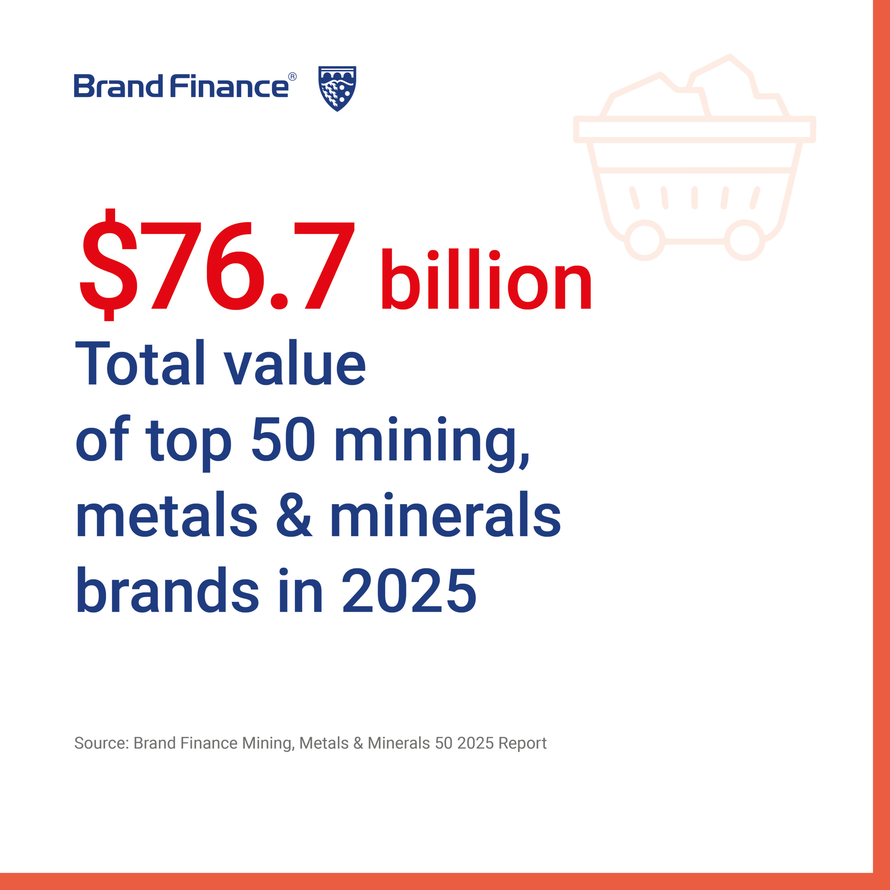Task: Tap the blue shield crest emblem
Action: pos(337,88)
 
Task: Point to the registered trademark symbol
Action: pos(292,77)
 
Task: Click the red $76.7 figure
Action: pos(217,265)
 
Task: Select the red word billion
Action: pos(486,279)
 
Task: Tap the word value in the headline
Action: pos(295,363)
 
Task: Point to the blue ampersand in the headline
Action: pos(294,515)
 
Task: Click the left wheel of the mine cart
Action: pos(645,240)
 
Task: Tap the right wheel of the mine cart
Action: pos(744,240)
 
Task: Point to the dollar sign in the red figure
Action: pos(109,265)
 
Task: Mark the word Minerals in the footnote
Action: pos(399,743)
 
